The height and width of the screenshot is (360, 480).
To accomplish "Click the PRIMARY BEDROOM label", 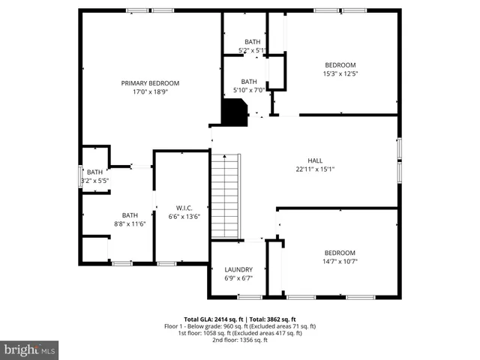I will [150, 83].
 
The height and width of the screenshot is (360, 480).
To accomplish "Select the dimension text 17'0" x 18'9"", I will [150, 92].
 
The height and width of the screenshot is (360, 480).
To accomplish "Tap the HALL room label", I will [316, 160].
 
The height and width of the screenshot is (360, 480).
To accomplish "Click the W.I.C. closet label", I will [185, 208].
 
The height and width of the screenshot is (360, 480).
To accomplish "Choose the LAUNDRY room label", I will [238, 269].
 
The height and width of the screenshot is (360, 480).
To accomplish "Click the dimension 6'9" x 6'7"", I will [238, 278].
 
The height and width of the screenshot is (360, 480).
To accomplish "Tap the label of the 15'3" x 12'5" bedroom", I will [340, 64].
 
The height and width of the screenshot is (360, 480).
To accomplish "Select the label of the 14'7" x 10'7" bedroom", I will [340, 253].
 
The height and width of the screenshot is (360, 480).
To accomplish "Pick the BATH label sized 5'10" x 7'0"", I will [249, 82].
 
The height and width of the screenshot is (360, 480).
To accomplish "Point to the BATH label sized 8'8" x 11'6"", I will [130, 214].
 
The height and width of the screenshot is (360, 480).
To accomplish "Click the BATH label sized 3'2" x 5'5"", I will [94, 172].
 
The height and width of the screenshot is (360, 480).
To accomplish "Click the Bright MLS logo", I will [30, 349].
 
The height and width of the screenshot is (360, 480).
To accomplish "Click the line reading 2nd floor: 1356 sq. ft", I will [240, 340].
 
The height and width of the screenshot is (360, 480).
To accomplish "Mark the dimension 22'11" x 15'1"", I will [316, 169].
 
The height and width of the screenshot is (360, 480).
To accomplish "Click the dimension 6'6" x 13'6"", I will [185, 217].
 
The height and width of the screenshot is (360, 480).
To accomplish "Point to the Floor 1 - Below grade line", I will [240, 326].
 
